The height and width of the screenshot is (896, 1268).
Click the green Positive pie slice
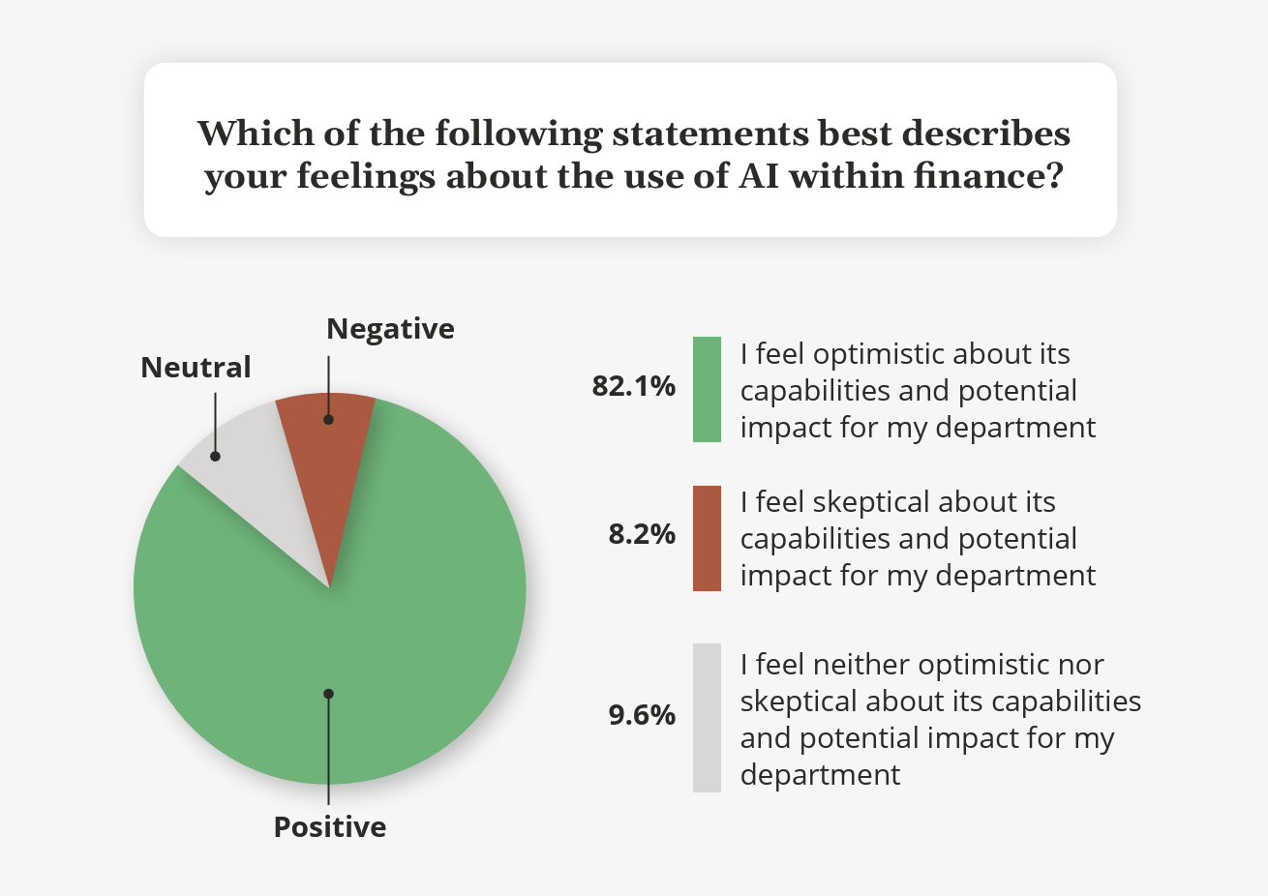(387, 629)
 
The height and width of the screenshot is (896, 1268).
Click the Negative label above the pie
(390, 329)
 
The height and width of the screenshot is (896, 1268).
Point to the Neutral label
(196, 368)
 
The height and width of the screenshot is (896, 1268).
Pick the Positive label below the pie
(330, 827)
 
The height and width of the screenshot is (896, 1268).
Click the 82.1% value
(634, 386)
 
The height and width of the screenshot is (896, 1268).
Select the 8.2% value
(642, 534)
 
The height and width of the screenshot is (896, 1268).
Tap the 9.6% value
(642, 715)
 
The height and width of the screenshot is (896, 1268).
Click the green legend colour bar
(707, 389)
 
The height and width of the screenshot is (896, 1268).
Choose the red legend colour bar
(707, 538)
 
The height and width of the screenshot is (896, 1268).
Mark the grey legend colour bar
(707, 718)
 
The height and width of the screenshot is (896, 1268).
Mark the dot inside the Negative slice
(328, 420)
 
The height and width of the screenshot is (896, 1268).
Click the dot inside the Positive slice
(329, 694)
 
